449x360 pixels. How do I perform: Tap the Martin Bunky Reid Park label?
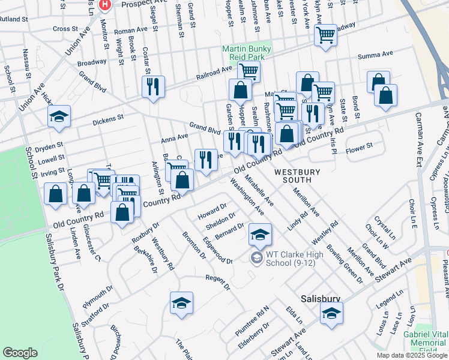[x=247, y=53]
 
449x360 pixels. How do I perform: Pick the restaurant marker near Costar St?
[x=153, y=86]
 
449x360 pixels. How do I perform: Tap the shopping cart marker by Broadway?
[x=325, y=35]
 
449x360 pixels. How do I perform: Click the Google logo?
[x=20, y=353]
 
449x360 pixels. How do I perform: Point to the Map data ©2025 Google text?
[x=411, y=355]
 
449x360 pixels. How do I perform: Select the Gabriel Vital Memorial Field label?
[x=424, y=338]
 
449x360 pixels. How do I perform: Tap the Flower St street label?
[x=360, y=146]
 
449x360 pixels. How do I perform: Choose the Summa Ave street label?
[x=375, y=54]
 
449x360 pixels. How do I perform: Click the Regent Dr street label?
[x=217, y=281]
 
